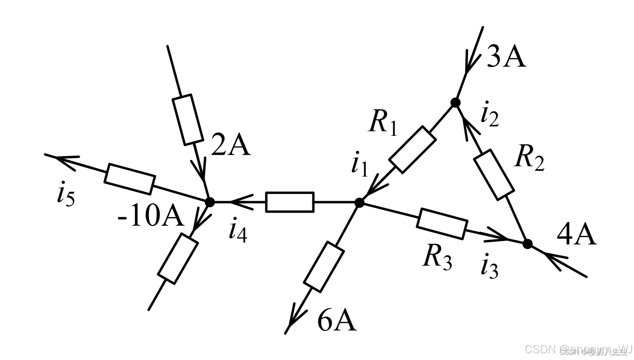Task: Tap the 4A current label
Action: click(576, 235)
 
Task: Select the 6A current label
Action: click(337, 320)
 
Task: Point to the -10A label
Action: click(151, 218)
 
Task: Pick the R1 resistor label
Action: click(383, 122)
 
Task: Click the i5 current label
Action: click(65, 195)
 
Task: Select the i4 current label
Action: click(238, 231)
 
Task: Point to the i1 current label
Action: click(359, 165)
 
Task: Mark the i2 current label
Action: click(490, 115)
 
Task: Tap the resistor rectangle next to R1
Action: click(412, 150)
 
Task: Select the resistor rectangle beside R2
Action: click(493, 174)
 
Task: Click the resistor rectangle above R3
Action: click(442, 224)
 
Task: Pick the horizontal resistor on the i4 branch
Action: click(290, 202)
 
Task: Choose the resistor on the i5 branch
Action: click(129, 179)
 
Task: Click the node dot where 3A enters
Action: click(455, 103)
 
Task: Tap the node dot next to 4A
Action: click(527, 244)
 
